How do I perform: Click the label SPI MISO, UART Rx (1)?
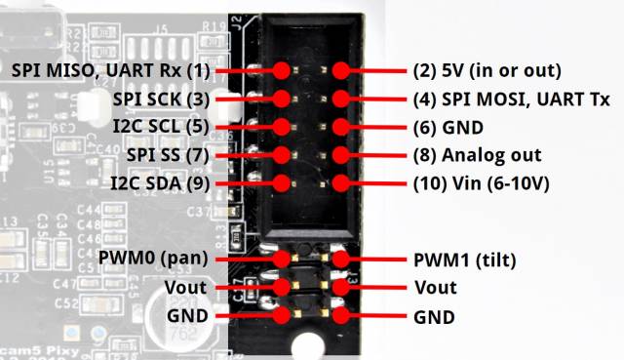click(x=110, y=71)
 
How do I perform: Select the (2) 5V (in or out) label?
click(x=487, y=71)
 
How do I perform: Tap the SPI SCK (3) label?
click(x=161, y=100)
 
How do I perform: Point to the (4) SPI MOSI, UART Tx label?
click(x=511, y=100)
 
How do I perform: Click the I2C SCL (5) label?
click(x=161, y=127)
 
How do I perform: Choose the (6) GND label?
click(x=448, y=128)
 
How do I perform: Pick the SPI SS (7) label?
click(x=168, y=155)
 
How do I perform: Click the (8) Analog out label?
click(x=477, y=155)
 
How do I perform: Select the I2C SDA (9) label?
click(x=160, y=183)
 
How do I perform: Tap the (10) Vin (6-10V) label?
click(x=481, y=183)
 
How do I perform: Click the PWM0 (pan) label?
click(x=153, y=259)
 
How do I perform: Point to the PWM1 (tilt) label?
click(x=465, y=260)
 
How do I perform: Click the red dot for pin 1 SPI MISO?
click(x=282, y=70)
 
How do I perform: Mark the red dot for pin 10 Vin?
click(x=340, y=183)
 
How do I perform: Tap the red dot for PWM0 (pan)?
click(x=282, y=260)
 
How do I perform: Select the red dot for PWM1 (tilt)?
click(x=340, y=260)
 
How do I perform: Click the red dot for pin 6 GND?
click(x=340, y=127)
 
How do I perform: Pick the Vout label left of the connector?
click(x=185, y=288)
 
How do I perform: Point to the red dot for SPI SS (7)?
click(x=282, y=155)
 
